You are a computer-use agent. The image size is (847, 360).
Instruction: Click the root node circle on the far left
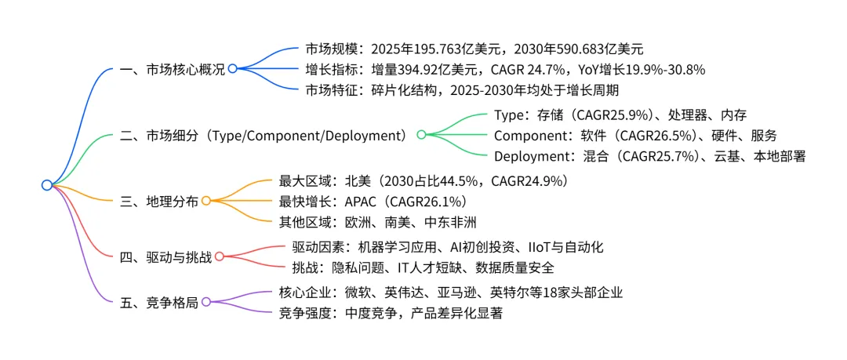[x=47, y=185]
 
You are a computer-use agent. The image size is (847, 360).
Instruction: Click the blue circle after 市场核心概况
[x=232, y=69]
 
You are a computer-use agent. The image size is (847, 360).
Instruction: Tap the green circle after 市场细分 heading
[x=421, y=135]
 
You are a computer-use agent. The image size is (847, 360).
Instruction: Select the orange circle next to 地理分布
[x=206, y=200]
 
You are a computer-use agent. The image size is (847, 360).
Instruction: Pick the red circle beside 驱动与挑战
[x=220, y=256]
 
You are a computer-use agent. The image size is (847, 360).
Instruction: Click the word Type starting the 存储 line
[x=510, y=115]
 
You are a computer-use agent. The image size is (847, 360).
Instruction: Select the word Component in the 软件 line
[x=532, y=135]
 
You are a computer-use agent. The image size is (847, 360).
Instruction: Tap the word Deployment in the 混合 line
[x=533, y=155]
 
